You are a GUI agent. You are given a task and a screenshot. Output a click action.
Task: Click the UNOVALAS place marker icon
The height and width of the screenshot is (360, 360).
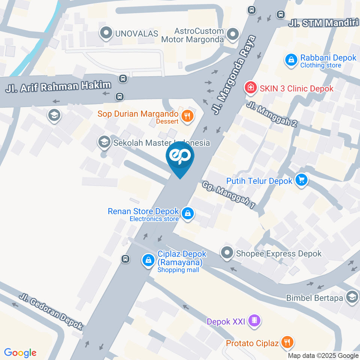pyautogui.click(x=106, y=33)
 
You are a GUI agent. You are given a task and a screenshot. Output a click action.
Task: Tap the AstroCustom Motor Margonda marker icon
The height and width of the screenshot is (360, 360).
pyautogui.click(x=233, y=35)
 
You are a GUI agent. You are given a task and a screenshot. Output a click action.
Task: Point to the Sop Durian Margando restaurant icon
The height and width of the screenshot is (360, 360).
pyautogui.click(x=187, y=117)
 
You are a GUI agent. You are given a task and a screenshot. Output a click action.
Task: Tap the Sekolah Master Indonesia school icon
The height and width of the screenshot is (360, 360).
pyautogui.click(x=103, y=142)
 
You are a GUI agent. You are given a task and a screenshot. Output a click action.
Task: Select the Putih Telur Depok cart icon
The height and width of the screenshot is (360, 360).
pyautogui.click(x=301, y=180)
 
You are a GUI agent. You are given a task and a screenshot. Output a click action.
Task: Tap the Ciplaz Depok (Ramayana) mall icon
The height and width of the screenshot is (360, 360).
pyautogui.click(x=148, y=260)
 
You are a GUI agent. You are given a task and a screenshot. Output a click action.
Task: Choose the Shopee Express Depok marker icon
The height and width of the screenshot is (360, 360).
pyautogui.click(x=226, y=253)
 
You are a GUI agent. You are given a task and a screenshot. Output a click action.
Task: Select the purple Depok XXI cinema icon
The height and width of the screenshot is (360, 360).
pyautogui.click(x=255, y=321)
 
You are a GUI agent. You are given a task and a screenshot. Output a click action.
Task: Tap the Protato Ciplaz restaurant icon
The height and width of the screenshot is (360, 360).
pyautogui.click(x=288, y=342)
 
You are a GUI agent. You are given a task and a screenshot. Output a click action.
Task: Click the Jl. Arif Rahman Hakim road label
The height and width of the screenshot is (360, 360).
pyautogui.click(x=58, y=87)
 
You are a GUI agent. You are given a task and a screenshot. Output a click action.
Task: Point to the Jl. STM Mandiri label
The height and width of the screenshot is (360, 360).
pyautogui.click(x=323, y=23)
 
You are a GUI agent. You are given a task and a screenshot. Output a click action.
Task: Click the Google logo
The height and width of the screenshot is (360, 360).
pyautogui.click(x=20, y=352)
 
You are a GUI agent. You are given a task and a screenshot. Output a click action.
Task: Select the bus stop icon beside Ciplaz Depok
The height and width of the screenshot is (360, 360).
pyautogui.click(x=125, y=259)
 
